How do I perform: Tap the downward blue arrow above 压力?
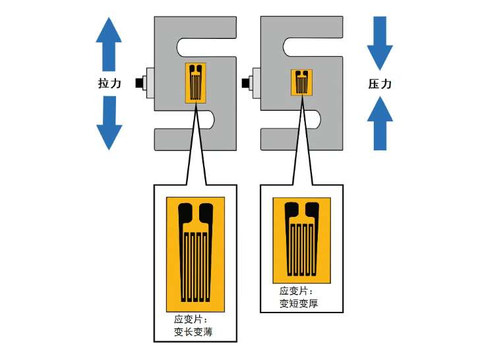380,43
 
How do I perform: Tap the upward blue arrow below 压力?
380,123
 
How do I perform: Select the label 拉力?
109,84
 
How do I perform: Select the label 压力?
380,84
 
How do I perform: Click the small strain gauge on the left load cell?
196,82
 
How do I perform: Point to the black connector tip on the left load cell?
139,83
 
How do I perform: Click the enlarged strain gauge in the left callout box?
196,254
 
